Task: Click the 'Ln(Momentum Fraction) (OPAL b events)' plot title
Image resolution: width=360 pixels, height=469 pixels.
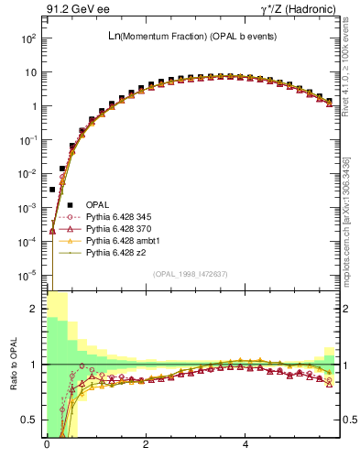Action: [x=191, y=36]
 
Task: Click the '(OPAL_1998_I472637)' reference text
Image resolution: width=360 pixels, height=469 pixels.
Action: [x=192, y=273]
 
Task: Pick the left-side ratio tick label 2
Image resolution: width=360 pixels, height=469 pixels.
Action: [x=34, y=309]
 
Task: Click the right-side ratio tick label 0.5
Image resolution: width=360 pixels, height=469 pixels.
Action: [x=349, y=420]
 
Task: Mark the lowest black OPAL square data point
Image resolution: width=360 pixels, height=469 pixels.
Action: [x=52, y=189]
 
